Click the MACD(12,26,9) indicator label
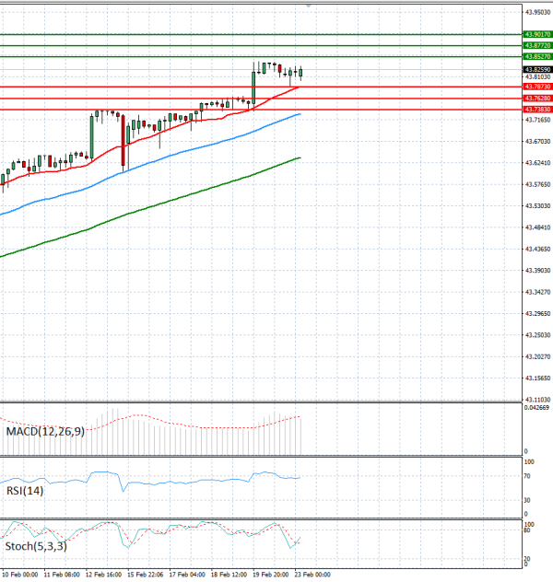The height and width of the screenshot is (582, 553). click(x=45, y=431)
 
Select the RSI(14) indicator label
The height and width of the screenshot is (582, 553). click(x=25, y=491)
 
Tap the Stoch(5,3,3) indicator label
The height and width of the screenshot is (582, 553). click(x=38, y=547)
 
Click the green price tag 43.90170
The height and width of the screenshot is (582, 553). click(x=536, y=34)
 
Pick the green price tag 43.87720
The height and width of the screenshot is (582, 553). click(x=536, y=45)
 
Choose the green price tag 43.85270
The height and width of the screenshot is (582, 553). click(x=536, y=56)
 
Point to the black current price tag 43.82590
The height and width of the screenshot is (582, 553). click(x=536, y=69)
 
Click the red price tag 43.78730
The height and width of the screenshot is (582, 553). click(x=536, y=87)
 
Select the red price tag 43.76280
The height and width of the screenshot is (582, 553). click(x=536, y=98)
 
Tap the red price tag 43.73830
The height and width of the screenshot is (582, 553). click(x=536, y=109)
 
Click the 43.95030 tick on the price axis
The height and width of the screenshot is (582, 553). click(x=536, y=13)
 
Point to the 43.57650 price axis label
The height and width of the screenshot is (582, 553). click(x=536, y=184)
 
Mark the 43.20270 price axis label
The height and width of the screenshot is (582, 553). click(x=536, y=356)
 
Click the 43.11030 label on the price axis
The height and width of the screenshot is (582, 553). click(x=536, y=399)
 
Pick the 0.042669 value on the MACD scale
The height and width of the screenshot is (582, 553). click(x=535, y=407)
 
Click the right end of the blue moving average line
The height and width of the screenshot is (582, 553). click(x=300, y=114)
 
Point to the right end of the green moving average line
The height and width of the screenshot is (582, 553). click(x=300, y=157)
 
